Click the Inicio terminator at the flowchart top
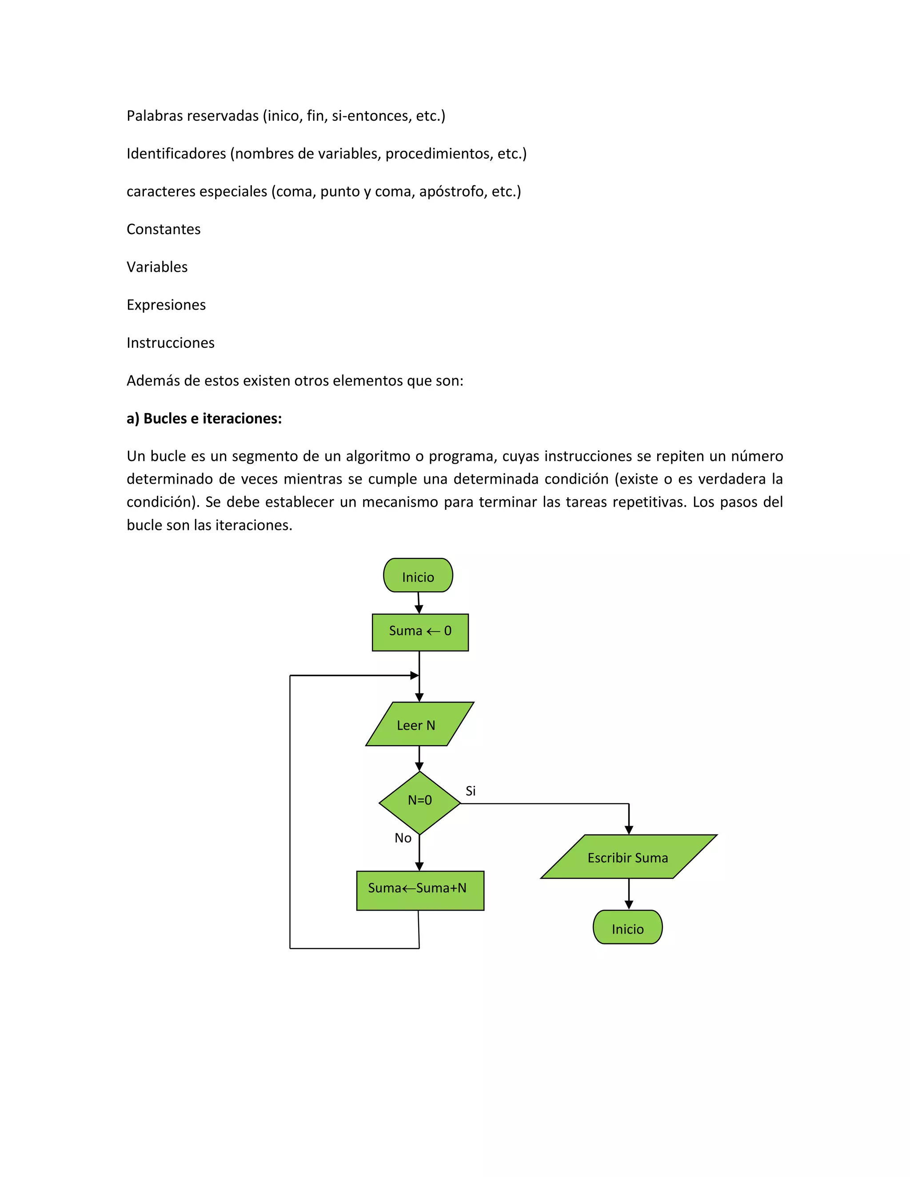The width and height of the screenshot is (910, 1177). [x=418, y=575]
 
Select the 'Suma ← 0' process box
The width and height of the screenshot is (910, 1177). [x=420, y=632]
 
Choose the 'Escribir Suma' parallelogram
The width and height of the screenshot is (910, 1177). [x=628, y=856]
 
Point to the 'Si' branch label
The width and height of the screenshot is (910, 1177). [x=471, y=791]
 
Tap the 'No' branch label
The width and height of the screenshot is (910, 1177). [x=403, y=838]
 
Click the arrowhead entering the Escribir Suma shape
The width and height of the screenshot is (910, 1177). [x=629, y=830]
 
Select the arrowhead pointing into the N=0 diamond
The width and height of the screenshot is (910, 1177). [x=419, y=766]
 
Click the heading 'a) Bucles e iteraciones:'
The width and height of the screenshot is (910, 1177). [x=204, y=418]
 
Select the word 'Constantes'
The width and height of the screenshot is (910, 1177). [x=164, y=229]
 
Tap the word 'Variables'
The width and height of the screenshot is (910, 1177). [x=157, y=267]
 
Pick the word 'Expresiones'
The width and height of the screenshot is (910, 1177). [x=166, y=305]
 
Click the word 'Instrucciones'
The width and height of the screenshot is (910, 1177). [x=170, y=343]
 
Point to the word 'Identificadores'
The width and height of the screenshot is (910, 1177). [x=176, y=154]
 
